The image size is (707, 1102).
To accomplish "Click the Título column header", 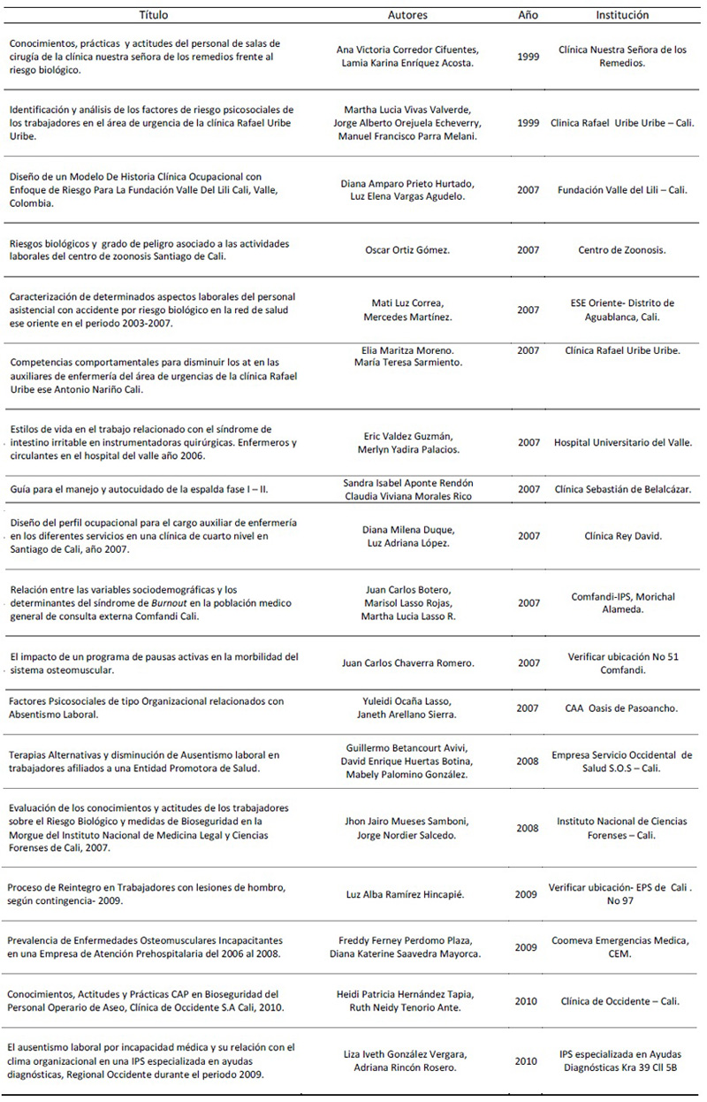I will click(155, 15).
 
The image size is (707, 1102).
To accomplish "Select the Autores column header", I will click(407, 15).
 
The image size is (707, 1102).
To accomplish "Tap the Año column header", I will click(528, 15).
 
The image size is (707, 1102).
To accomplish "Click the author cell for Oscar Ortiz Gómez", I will click(407, 250).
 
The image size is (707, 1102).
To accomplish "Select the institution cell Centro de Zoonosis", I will click(622, 250).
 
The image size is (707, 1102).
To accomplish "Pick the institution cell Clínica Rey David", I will click(622, 536).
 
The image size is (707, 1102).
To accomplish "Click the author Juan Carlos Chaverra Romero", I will click(407, 662).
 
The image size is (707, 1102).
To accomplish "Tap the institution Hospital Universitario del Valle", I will click(622, 442).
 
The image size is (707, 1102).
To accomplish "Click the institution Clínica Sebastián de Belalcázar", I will click(622, 489).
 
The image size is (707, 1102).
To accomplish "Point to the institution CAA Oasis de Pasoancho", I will click(622, 708).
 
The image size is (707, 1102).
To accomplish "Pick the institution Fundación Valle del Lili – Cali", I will click(622, 190).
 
